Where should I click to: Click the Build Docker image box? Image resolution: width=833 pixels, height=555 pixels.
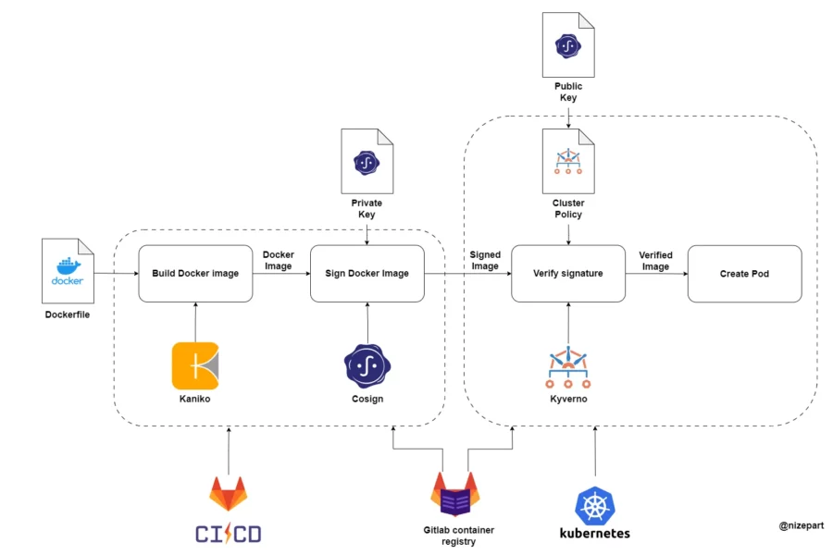click(x=195, y=274)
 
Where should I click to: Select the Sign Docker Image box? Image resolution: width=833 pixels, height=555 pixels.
click(x=367, y=274)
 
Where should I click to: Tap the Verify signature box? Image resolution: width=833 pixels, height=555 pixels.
click(x=568, y=274)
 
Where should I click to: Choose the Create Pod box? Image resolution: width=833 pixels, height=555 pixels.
click(x=744, y=274)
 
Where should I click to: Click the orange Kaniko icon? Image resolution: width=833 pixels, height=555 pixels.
click(x=195, y=365)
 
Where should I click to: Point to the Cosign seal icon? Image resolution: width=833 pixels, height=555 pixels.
click(x=367, y=364)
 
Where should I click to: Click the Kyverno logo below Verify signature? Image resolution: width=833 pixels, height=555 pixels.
click(x=568, y=367)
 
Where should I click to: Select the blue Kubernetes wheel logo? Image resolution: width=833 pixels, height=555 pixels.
click(x=594, y=506)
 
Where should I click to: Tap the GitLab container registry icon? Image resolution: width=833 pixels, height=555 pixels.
click(x=454, y=496)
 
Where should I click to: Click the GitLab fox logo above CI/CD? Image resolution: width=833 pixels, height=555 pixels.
click(x=228, y=495)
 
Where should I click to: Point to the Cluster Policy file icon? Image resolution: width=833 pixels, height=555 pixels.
click(x=568, y=161)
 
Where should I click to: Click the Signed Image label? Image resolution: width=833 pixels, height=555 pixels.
click(x=485, y=260)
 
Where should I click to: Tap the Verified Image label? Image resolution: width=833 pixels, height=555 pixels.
click(x=655, y=261)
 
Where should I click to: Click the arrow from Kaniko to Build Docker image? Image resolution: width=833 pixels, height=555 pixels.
click(x=195, y=321)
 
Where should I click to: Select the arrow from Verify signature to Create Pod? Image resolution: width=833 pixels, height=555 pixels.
click(x=656, y=274)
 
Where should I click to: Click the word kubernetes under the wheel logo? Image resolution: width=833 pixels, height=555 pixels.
click(x=594, y=534)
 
